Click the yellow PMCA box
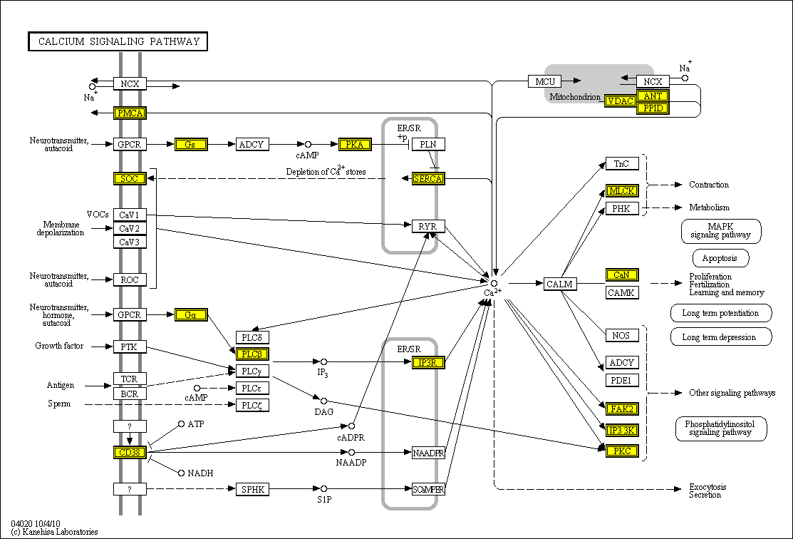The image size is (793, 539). tap(130, 113)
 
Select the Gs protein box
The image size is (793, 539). tap(190, 144)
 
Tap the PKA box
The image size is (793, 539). tap(355, 144)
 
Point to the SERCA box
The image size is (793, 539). tap(428, 178)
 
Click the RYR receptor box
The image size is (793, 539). tap(428, 227)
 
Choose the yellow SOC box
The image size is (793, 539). tap(130, 178)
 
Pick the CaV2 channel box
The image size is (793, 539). tap(130, 228)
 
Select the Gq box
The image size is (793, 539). tap(190, 314)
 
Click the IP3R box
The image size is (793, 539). tap(428, 363)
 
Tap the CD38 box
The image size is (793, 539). tap(130, 452)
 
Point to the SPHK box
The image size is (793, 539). tap(252, 489)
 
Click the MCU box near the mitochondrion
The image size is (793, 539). tap(545, 81)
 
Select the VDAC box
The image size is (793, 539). tap(620, 101)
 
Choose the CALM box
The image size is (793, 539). tap(560, 284)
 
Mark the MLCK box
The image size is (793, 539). tap(621, 190)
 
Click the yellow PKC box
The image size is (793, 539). tap(621, 451)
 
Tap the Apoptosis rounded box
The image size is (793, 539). tap(720, 258)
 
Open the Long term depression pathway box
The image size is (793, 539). tap(721, 337)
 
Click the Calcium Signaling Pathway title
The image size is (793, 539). tap(118, 41)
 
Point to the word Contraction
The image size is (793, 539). tap(708, 185)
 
